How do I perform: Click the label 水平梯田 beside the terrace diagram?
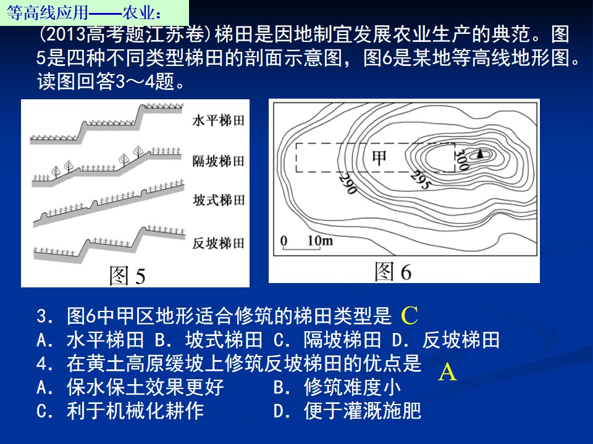(x=218, y=120)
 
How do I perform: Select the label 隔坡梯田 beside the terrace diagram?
(x=218, y=161)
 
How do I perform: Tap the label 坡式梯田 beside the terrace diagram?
(x=219, y=200)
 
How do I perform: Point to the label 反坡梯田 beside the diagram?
(x=218, y=243)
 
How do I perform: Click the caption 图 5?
(x=127, y=275)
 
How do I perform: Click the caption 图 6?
(x=393, y=271)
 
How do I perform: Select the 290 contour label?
(x=348, y=184)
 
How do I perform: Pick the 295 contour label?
(x=421, y=179)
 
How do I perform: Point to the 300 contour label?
(x=461, y=159)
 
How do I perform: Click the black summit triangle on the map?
(x=481, y=153)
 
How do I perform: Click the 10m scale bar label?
(x=320, y=240)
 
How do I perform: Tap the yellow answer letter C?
(x=409, y=316)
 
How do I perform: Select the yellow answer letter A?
(x=447, y=372)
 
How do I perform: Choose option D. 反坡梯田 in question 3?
(x=446, y=340)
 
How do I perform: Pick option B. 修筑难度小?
(x=337, y=387)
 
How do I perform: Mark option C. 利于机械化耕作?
(x=120, y=411)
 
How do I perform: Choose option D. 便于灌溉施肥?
(x=347, y=411)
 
